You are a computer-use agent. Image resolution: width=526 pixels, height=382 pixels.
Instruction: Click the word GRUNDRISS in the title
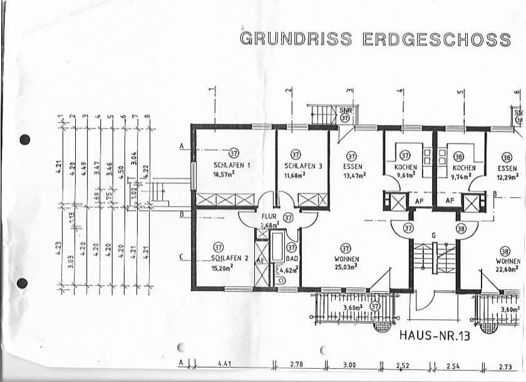click(297, 39)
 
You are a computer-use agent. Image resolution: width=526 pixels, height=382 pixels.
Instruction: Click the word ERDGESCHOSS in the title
click(437, 39)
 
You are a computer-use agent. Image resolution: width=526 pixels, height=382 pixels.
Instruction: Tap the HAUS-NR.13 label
click(434, 336)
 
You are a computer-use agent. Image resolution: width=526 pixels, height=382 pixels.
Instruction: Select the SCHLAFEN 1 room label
click(232, 166)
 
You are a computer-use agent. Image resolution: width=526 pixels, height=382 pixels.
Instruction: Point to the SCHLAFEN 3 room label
click(303, 166)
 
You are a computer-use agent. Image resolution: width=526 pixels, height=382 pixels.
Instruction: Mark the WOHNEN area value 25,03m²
click(345, 267)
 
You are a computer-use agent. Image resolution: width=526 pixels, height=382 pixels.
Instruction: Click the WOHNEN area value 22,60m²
click(507, 270)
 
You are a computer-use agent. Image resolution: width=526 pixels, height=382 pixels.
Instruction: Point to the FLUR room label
click(269, 217)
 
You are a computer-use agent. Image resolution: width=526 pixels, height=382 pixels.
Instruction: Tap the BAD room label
click(291, 258)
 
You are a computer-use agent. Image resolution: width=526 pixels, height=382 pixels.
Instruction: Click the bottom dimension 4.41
click(225, 364)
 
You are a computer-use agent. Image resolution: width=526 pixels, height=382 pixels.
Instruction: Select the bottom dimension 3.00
click(349, 364)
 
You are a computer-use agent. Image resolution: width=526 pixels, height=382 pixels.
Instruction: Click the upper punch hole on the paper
click(25, 140)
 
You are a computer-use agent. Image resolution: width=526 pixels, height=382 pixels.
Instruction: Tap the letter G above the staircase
click(433, 235)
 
